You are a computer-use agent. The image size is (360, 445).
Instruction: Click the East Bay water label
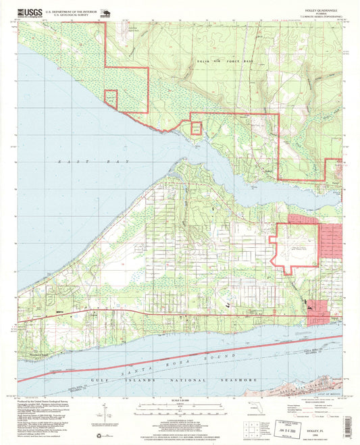coord(74,163)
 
